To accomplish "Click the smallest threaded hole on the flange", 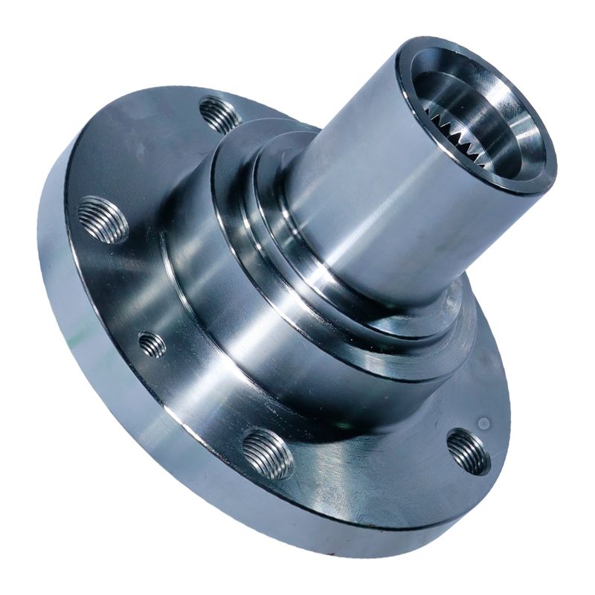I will [x=152, y=344].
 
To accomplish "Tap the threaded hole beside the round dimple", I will [x=469, y=451].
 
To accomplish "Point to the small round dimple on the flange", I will [x=484, y=423].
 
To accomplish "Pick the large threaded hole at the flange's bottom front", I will [x=268, y=453].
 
